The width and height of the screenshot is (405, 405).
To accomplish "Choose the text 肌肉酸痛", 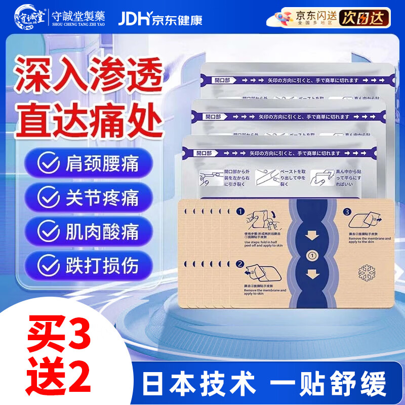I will (x=102, y=231).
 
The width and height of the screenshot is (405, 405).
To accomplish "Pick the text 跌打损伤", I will (x=102, y=265).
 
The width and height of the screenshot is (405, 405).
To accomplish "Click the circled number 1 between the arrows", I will (x=312, y=256).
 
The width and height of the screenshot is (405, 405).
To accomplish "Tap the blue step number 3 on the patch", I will (x=347, y=212).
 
